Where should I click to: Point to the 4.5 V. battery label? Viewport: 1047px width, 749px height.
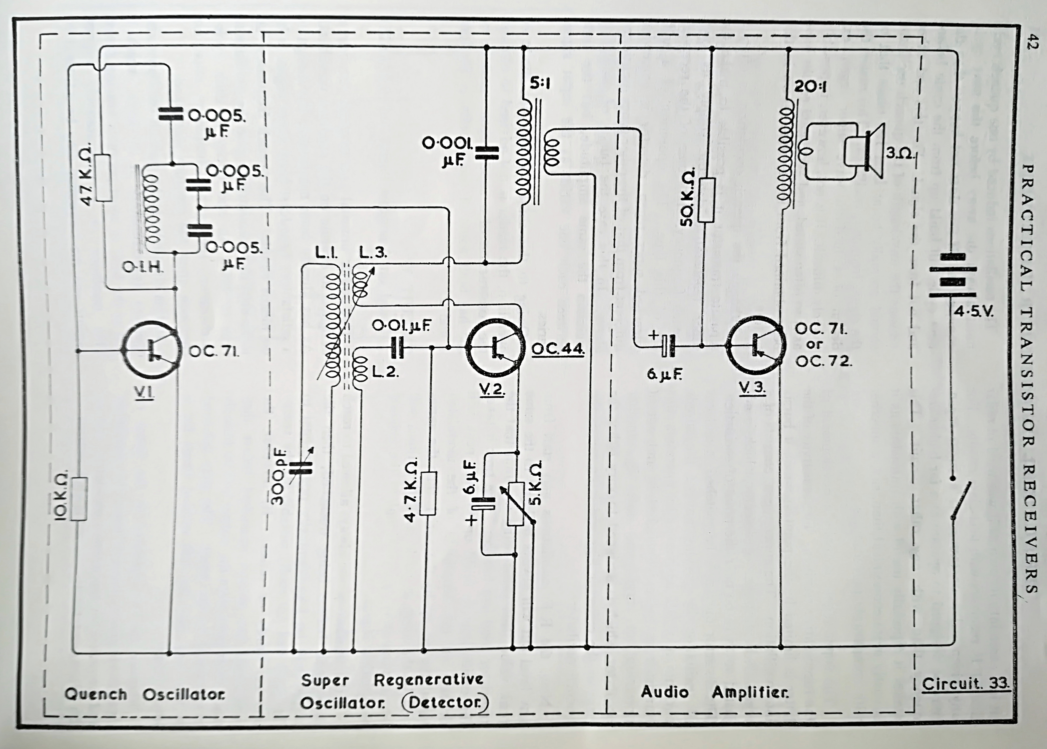(973, 312)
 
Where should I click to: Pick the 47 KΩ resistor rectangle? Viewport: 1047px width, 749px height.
(105, 178)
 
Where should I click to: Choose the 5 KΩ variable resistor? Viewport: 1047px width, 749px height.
(516, 504)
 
